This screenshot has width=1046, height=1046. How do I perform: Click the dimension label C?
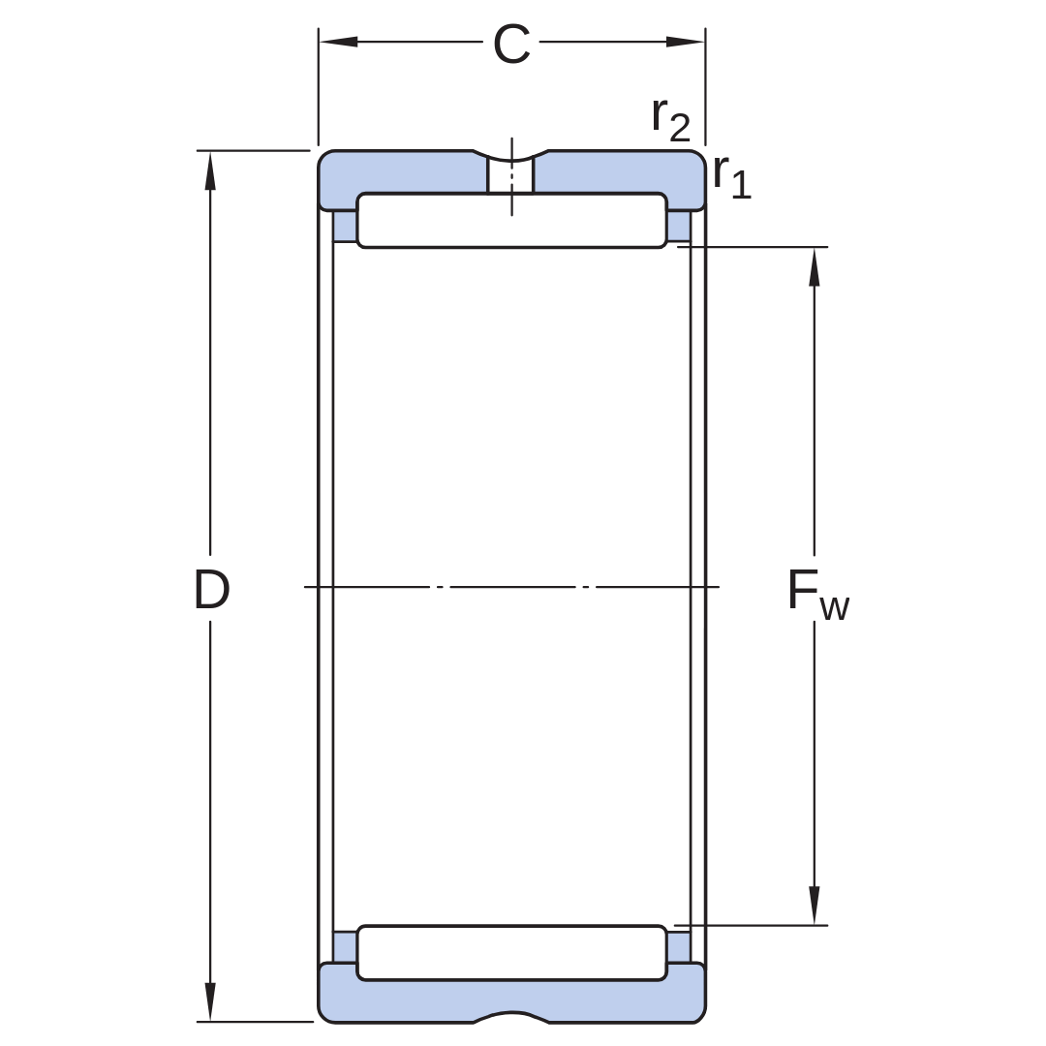pos(511,44)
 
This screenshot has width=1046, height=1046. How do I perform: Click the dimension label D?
pos(211,590)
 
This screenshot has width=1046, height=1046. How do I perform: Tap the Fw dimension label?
pos(818,594)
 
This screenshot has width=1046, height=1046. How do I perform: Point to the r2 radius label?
pos(670,119)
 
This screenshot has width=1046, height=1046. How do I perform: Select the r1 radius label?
pos(732,175)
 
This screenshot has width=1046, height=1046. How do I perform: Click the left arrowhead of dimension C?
pos(338,42)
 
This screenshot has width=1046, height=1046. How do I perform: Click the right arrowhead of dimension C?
pos(685,42)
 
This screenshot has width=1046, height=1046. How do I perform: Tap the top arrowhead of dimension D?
pos(210,170)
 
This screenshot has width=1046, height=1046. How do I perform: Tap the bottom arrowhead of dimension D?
pos(210,1001)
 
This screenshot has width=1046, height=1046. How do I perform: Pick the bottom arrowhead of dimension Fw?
pos(814,906)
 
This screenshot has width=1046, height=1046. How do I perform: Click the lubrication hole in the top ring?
pos(511,174)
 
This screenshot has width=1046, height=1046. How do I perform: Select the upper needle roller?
pos(511,220)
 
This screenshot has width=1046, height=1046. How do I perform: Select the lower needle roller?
pos(511,953)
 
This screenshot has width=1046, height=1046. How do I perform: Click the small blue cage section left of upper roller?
pos(344,226)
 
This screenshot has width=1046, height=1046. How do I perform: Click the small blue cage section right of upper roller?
pos(679,226)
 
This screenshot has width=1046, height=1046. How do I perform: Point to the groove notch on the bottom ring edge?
pos(511,1017)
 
